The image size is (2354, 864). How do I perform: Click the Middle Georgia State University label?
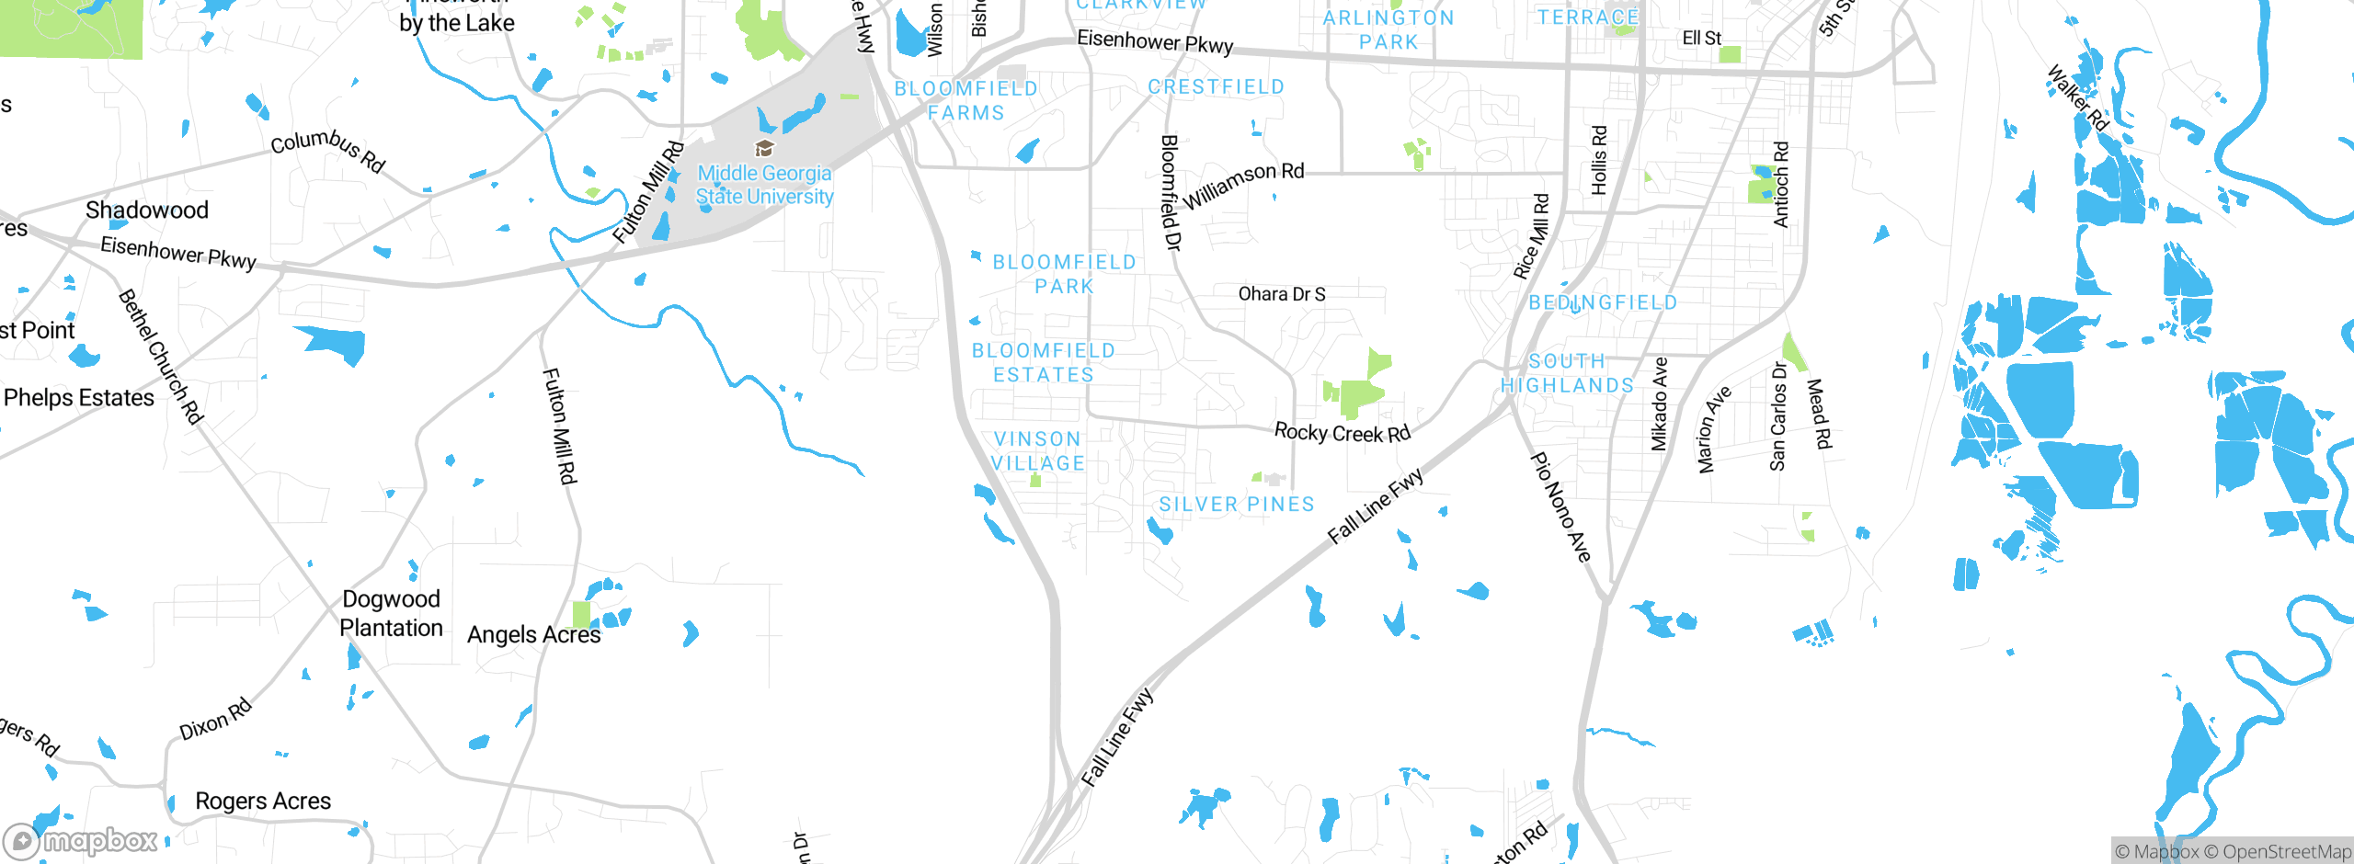(764, 185)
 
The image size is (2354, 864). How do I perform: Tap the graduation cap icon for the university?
(763, 148)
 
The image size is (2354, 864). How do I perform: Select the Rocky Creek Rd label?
(1342, 433)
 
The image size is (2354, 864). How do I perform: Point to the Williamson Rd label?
(1243, 184)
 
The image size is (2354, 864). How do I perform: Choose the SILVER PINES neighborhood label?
(1237, 505)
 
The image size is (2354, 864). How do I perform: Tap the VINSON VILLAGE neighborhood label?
(1038, 451)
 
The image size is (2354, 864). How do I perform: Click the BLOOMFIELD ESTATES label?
(1044, 363)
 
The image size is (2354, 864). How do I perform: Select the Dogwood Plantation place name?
(391, 613)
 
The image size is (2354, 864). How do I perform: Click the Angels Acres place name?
(533, 635)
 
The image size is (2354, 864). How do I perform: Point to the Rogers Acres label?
(263, 801)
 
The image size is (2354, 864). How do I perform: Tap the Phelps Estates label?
(79, 398)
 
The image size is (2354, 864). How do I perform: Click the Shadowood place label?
(147, 210)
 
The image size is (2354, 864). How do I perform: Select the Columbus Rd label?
(328, 150)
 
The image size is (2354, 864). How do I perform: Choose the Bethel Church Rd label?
(161, 357)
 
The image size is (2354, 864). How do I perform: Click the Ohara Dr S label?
(1282, 294)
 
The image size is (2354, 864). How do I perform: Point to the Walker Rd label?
(2078, 97)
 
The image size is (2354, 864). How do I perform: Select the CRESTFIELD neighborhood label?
(1216, 87)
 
